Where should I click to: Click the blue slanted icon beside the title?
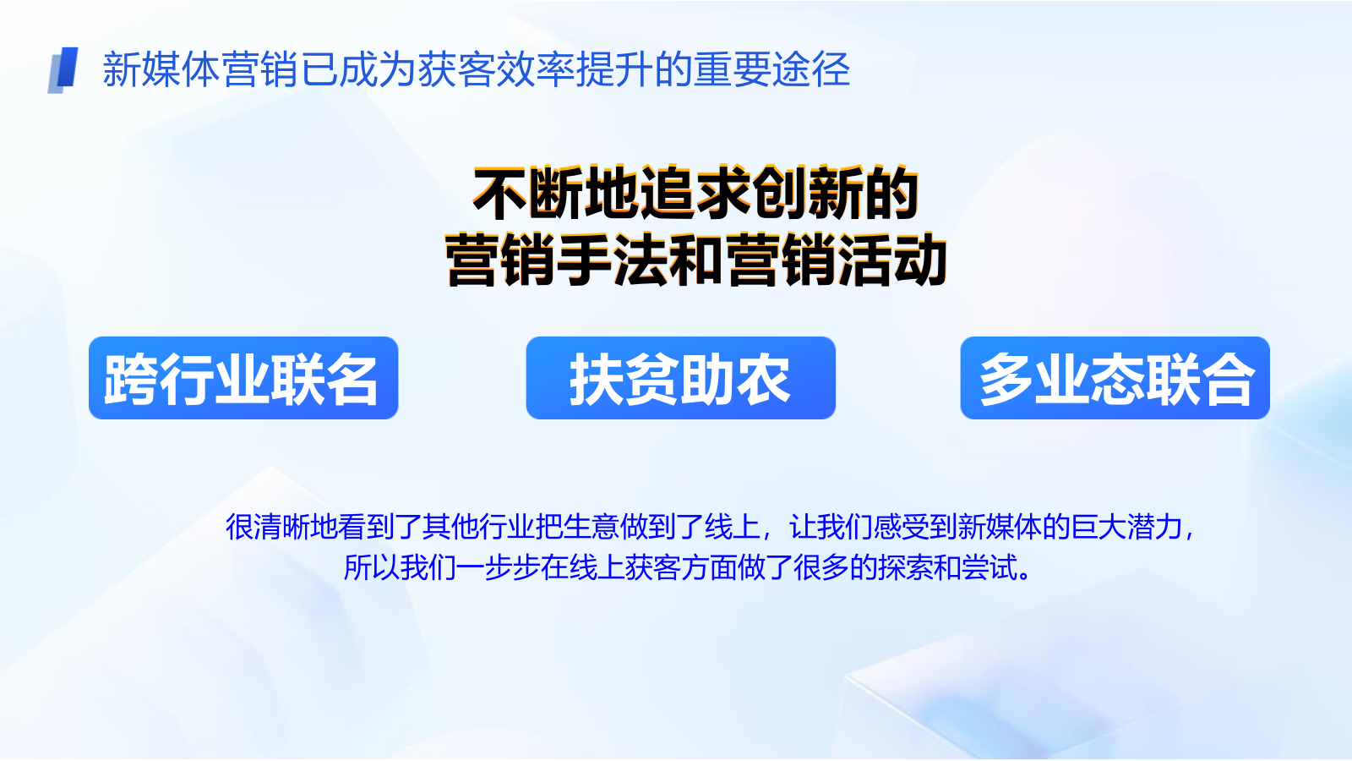tap(63, 69)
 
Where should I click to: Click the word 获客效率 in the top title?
tap(496, 69)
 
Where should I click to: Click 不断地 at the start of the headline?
tap(556, 193)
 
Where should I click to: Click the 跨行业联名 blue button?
tap(243, 378)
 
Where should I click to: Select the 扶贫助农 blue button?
tap(680, 378)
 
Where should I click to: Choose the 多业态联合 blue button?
tap(1115, 378)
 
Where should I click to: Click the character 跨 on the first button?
tap(131, 379)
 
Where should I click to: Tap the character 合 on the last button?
tap(1227, 379)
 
